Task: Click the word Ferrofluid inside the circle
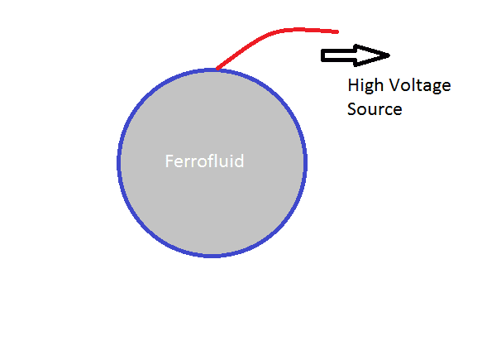pyautogui.click(x=205, y=161)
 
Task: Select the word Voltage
pyautogui.click(x=420, y=85)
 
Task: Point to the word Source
pyautogui.click(x=375, y=109)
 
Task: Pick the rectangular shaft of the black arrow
pyautogui.click(x=338, y=55)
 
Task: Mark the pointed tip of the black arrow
pyautogui.click(x=389, y=55)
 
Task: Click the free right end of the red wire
pyautogui.click(x=337, y=31)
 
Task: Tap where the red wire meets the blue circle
pyautogui.click(x=217, y=69)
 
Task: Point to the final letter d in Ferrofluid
pyautogui.click(x=240, y=161)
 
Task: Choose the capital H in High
pyautogui.click(x=352, y=84)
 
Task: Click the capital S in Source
pyautogui.click(x=351, y=109)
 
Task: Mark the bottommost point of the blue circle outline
pyautogui.click(x=212, y=256)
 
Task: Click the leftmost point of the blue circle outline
pyautogui.click(x=119, y=162)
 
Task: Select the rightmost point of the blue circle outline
pyautogui.click(x=306, y=162)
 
